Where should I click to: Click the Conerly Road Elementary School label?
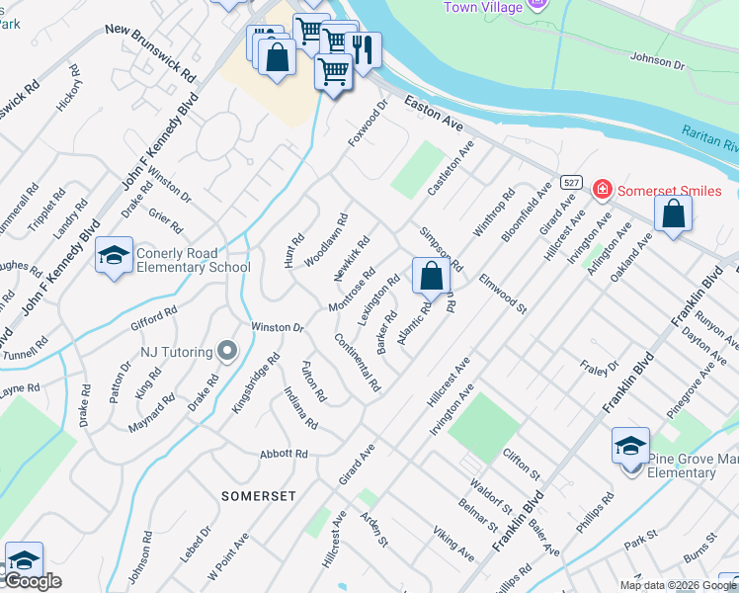(193, 260)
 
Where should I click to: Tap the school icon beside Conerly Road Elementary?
(114, 256)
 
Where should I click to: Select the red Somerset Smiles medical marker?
(600, 189)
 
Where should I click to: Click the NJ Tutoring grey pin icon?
(228, 350)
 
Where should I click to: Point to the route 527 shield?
(570, 183)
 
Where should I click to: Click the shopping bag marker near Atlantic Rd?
(431, 276)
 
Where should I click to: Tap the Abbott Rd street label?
(285, 455)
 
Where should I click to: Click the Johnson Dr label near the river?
(657, 62)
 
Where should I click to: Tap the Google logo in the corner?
(33, 581)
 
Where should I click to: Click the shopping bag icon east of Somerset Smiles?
(673, 213)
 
